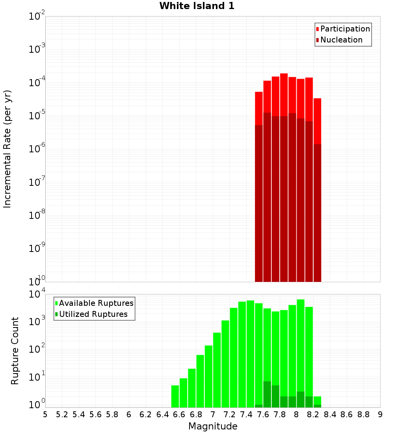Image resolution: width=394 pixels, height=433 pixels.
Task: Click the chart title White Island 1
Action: (197, 6)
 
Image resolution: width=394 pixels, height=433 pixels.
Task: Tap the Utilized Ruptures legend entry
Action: (93, 314)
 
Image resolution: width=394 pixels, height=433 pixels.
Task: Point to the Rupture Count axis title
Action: (15, 351)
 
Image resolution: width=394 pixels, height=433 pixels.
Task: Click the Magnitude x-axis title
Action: (213, 426)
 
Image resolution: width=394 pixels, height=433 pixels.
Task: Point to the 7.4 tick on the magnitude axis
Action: (246, 414)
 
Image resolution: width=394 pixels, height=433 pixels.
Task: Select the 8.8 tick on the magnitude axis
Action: (363, 414)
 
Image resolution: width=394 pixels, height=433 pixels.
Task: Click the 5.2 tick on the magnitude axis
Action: (62, 414)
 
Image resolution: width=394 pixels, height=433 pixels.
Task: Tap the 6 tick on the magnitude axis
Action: (129, 414)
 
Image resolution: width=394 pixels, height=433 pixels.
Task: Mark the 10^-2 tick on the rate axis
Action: (37, 17)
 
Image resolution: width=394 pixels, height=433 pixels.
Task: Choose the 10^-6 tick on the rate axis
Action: (37, 149)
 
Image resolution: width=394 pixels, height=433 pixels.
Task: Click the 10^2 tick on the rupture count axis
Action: (37, 349)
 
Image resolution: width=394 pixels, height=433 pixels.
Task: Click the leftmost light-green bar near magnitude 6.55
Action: (175, 396)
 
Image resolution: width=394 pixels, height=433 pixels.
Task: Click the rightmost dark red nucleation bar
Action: (317, 213)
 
